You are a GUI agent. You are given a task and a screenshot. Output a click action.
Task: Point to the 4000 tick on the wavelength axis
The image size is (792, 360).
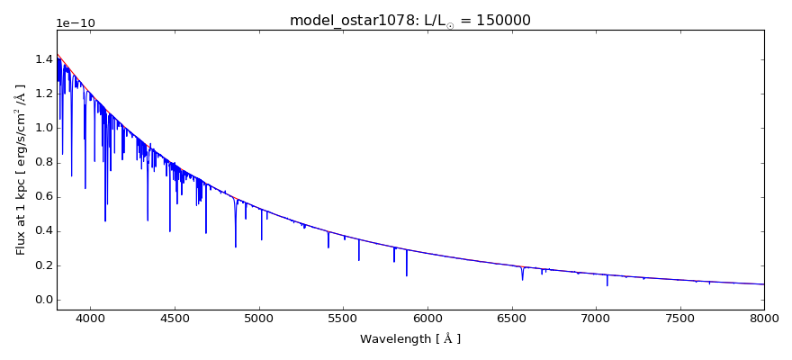tap(90, 319)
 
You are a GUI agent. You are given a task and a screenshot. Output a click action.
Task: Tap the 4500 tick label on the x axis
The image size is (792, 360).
tap(175, 319)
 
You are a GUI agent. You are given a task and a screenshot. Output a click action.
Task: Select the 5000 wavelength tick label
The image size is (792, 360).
tap(258, 319)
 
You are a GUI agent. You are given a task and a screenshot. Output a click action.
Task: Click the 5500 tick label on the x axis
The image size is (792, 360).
tap(343, 319)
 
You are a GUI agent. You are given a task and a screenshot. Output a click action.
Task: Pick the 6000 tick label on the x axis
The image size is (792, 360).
tap(427, 319)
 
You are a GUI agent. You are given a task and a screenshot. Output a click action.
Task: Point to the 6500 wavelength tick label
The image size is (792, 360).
tap(511, 319)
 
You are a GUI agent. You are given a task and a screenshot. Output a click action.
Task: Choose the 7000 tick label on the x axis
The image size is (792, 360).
tap(596, 319)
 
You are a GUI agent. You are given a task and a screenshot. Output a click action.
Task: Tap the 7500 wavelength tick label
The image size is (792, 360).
tap(679, 319)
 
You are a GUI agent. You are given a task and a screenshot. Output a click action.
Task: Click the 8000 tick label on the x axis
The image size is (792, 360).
tap(763, 319)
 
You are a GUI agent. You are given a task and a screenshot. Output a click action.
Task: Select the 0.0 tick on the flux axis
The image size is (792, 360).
tap(40, 300)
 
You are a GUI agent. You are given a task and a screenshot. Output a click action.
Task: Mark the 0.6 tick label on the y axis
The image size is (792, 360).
tap(40, 196)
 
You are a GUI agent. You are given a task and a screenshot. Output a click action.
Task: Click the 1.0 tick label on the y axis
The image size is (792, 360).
tap(40, 128)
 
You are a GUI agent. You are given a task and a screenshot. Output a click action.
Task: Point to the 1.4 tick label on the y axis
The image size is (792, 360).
tap(40, 59)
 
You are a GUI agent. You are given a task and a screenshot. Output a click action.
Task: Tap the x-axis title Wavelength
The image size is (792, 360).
tap(409, 339)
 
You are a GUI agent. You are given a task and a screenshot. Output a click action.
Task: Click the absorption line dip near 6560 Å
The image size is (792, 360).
tap(522, 278)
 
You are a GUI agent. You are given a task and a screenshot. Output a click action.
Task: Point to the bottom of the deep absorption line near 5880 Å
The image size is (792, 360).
tap(407, 274)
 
